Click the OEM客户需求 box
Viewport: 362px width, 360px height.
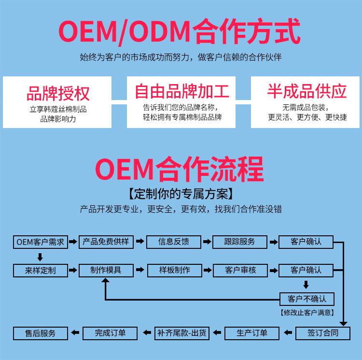40,242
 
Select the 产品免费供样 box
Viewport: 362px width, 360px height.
106,242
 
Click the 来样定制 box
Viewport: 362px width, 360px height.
40,270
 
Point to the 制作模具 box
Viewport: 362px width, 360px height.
106,270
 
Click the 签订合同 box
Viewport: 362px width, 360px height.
323,333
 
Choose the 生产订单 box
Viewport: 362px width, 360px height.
251,333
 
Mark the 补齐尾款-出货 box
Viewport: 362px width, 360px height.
181,333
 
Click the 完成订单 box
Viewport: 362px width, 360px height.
110,333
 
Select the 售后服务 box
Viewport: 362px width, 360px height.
41,333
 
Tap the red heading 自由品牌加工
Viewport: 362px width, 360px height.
181,91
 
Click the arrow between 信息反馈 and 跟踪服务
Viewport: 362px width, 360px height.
207,242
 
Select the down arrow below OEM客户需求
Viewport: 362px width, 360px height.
40,257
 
